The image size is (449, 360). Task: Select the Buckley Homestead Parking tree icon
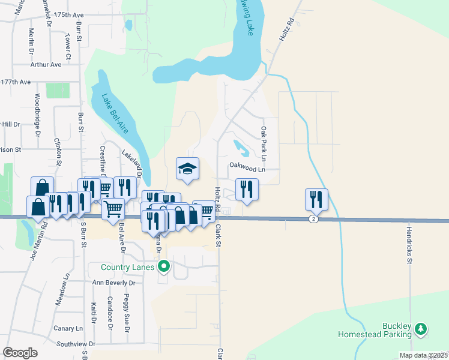coord(421,328)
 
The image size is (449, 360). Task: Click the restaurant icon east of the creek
coord(316,199)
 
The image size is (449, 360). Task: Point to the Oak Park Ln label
coord(263,139)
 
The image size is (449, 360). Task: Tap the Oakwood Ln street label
coord(246,169)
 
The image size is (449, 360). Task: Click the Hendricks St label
coord(409,245)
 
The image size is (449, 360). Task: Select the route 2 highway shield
coord(313,220)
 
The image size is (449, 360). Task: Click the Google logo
coord(20,353)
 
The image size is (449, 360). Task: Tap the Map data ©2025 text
coord(423,355)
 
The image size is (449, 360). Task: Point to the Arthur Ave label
coord(46,64)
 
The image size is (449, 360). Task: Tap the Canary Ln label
coord(68,328)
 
